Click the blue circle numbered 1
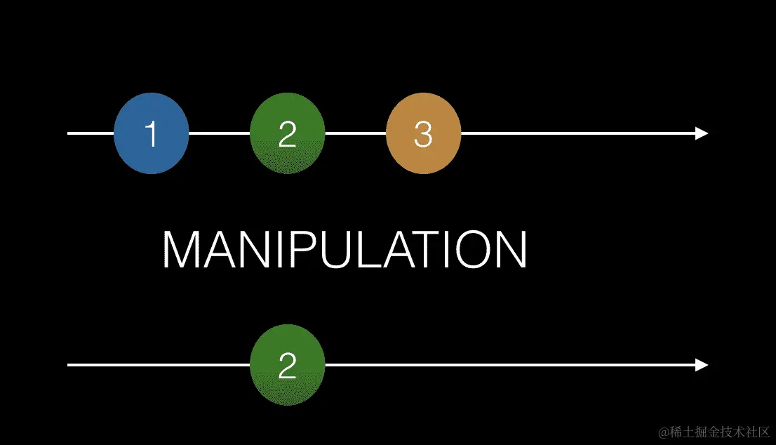click(152, 133)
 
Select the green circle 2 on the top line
click(287, 133)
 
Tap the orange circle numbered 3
click(423, 133)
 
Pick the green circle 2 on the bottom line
click(287, 365)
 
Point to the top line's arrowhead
click(701, 133)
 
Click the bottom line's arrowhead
click(701, 365)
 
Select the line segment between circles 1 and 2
click(220, 133)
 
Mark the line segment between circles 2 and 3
click(355, 133)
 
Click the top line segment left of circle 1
click(91, 133)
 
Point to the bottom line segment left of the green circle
click(158, 365)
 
